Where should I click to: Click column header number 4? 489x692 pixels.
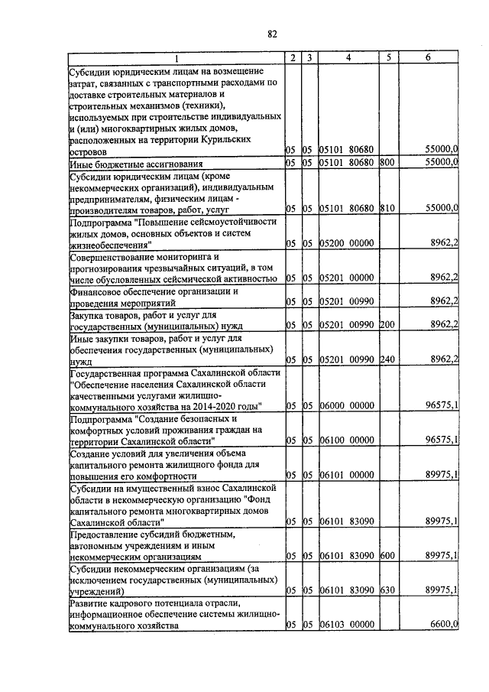(x=348, y=58)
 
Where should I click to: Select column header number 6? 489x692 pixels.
(x=428, y=58)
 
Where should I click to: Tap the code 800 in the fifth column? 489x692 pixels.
(x=387, y=163)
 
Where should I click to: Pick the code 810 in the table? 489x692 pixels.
(x=387, y=208)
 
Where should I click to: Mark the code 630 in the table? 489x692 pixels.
(x=387, y=590)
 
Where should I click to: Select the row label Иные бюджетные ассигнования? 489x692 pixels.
(x=135, y=164)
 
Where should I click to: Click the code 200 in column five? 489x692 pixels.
(x=387, y=325)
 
